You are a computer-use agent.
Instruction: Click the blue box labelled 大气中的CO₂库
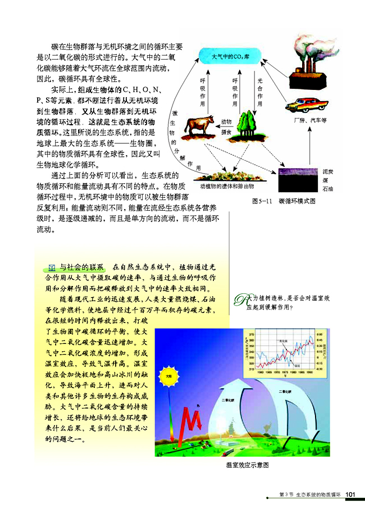[x=230, y=57]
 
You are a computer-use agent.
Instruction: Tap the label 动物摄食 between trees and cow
[x=226, y=127]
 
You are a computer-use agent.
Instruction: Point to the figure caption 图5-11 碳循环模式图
[x=285, y=200]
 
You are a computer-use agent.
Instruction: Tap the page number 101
[x=352, y=493]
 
